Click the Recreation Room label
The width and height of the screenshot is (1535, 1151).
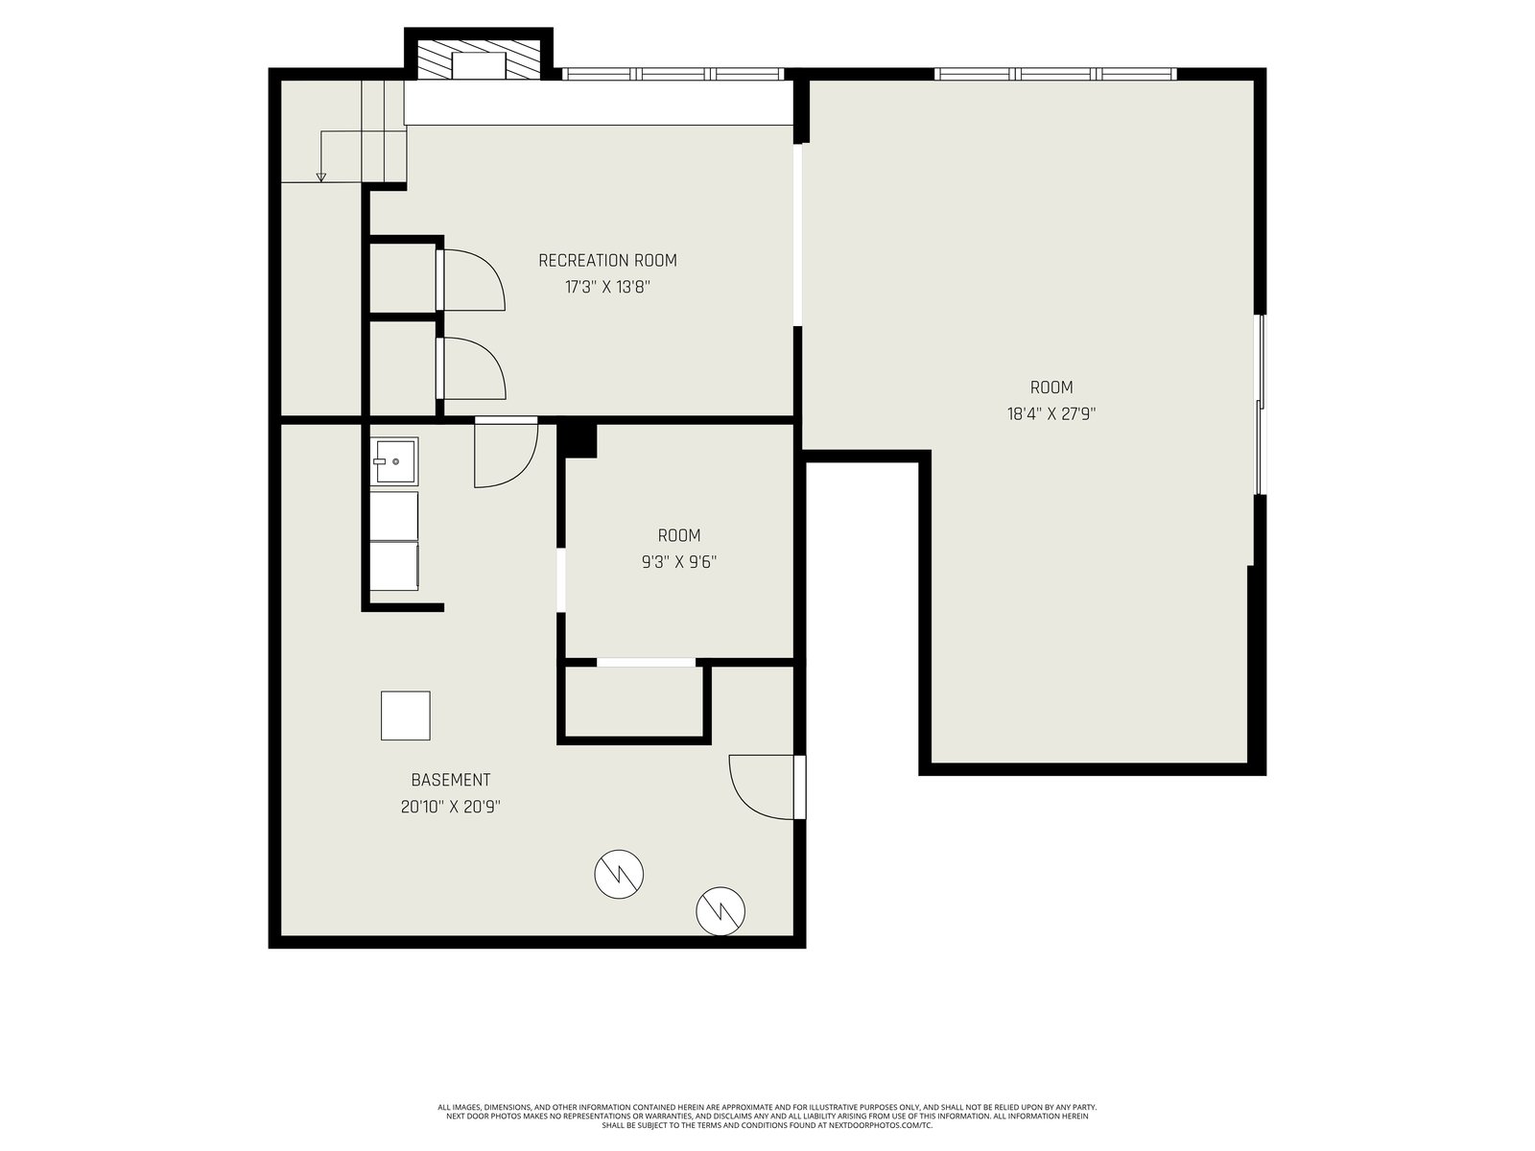pyautogui.click(x=607, y=261)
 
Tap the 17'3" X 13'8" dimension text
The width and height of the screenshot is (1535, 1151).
pyautogui.click(x=607, y=287)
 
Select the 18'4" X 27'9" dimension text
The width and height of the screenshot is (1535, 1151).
pyautogui.click(x=1051, y=413)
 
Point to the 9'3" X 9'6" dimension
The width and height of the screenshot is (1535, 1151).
pyautogui.click(x=679, y=562)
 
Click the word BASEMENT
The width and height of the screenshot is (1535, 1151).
pyautogui.click(x=450, y=780)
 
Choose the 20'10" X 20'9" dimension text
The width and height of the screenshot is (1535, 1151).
pyautogui.click(x=450, y=808)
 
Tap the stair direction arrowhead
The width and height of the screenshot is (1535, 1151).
pyautogui.click(x=320, y=176)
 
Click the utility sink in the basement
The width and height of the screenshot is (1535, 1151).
pyautogui.click(x=393, y=461)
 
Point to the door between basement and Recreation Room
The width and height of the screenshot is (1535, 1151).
pyautogui.click(x=506, y=452)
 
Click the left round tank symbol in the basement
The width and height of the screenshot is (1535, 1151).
pyautogui.click(x=618, y=874)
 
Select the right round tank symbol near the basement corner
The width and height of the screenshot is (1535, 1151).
pyautogui.click(x=720, y=910)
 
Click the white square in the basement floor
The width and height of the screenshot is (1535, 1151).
pyautogui.click(x=405, y=715)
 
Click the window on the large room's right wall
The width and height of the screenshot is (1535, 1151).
pyautogui.click(x=1260, y=405)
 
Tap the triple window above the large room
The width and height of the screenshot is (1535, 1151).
pyautogui.click(x=1054, y=74)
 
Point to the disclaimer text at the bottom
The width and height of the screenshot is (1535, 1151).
pyautogui.click(x=767, y=1116)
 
